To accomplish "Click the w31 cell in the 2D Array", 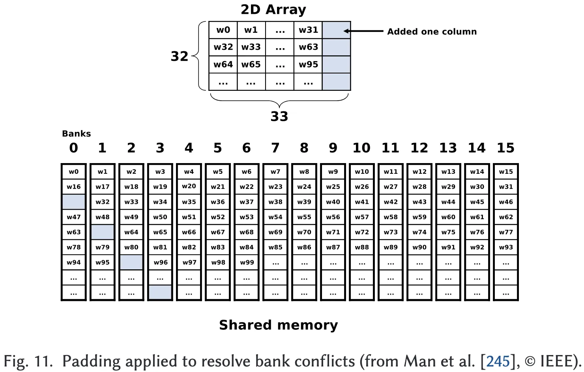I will [x=308, y=30].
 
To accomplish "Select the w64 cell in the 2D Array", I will [x=223, y=64].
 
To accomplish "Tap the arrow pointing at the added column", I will [x=363, y=31].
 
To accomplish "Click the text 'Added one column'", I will [x=432, y=32].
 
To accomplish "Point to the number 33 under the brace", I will [x=279, y=116].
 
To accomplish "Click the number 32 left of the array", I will [x=179, y=56].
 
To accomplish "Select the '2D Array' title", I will [x=273, y=9].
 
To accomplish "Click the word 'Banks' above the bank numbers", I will [x=76, y=133].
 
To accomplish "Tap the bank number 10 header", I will [x=361, y=148].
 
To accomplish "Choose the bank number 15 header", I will [x=505, y=148].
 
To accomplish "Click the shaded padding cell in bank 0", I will [x=74, y=202].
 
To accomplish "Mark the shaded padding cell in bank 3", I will [x=160, y=293].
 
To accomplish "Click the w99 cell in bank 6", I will [x=247, y=262].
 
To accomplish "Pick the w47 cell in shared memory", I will [x=74, y=217].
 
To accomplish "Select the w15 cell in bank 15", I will [x=506, y=171].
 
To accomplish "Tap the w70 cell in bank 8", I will [x=304, y=232].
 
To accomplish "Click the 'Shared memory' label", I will [x=278, y=325].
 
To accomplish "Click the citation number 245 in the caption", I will [x=498, y=361].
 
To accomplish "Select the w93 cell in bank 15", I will [x=506, y=247].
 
